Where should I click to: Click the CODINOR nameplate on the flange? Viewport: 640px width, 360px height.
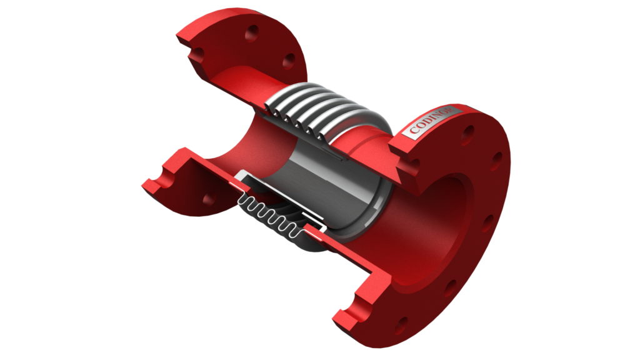click(x=432, y=123)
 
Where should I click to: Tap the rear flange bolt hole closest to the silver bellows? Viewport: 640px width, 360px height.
click(x=289, y=60)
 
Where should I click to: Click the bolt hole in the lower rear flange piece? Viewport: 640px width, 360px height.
click(x=208, y=198)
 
